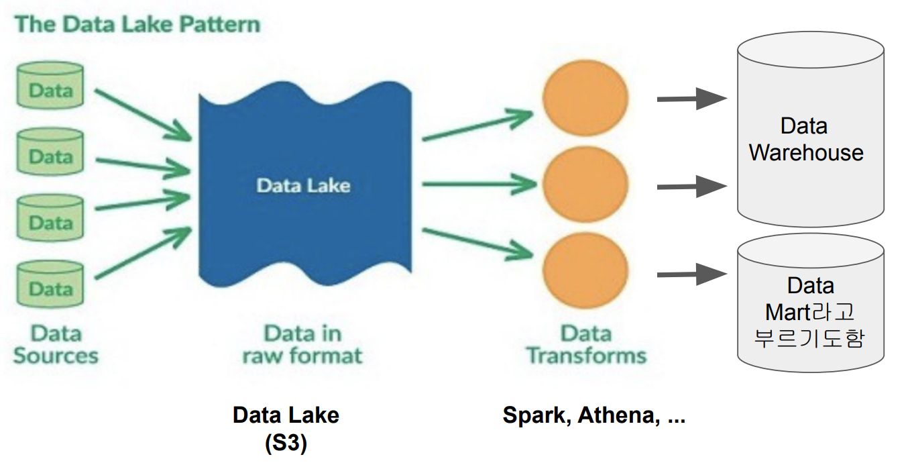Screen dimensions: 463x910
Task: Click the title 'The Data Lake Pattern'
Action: click(137, 25)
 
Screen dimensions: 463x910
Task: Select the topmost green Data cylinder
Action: click(50, 87)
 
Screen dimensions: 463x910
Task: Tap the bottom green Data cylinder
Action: click(50, 285)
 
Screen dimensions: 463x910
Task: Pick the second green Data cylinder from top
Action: click(50, 153)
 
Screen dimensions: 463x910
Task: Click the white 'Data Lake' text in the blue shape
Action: click(303, 185)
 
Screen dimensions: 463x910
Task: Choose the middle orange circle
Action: click(585, 182)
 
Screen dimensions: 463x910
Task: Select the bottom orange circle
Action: click(585, 269)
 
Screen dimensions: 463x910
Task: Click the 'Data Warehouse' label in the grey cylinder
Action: click(806, 140)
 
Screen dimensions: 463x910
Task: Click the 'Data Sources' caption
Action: click(56, 344)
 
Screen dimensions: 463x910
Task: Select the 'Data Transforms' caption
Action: click(586, 344)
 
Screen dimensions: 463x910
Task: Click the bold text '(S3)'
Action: click(286, 444)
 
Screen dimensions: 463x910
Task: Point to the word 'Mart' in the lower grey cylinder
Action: click(788, 312)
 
